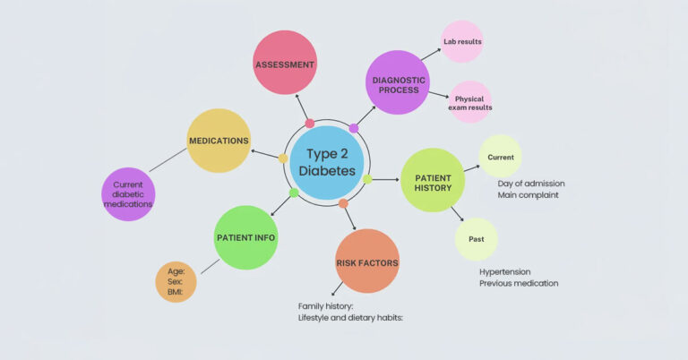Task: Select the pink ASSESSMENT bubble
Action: (285, 63)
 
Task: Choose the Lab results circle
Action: (462, 42)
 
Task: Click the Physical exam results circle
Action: (470, 102)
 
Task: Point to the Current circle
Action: (500, 157)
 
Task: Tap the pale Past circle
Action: (476, 240)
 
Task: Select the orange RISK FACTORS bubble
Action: (366, 261)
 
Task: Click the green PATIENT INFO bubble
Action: (246, 237)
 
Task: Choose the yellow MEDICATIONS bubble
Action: (219, 141)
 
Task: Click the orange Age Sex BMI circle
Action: (176, 281)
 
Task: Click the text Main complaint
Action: (528, 195)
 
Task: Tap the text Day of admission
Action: (531, 184)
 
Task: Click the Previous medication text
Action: (519, 283)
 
